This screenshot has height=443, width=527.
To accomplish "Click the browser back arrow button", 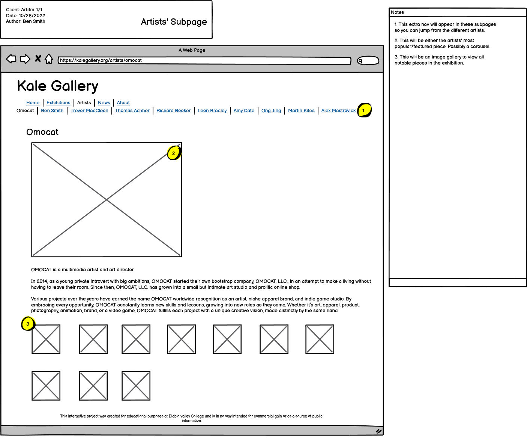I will pos(11,59).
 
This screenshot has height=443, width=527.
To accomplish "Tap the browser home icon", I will pos(49,59).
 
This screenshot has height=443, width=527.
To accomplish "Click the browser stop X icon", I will pos(38,58).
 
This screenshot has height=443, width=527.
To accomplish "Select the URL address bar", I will pos(204,60).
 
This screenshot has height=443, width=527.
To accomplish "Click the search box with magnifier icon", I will pos(368,60).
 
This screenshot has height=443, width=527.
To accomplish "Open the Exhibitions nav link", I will pos(58,103).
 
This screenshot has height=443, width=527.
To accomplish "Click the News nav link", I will pos(104,103).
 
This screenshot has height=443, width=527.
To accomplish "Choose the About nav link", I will pos(123,103).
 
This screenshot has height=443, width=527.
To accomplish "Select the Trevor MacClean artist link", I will pos(89,111).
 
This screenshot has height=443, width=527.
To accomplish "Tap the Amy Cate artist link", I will pos(244,111).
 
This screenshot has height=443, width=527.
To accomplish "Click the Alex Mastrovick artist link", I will pos(338,111).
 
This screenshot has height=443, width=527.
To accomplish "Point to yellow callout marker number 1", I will pos(364,110).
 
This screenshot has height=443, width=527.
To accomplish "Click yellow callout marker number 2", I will pos(174,153).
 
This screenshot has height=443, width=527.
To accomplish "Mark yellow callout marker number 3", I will pos(28,324).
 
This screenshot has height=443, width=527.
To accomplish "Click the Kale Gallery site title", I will pos(58,86).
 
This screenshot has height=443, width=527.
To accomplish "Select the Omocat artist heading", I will pos(42,132).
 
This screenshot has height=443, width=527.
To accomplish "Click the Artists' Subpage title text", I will pos(174,22).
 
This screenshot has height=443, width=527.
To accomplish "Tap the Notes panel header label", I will pos(397,12).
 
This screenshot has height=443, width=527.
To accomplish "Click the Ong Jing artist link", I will pos(271,111).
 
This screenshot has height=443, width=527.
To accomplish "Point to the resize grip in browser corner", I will pos(379,431).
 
